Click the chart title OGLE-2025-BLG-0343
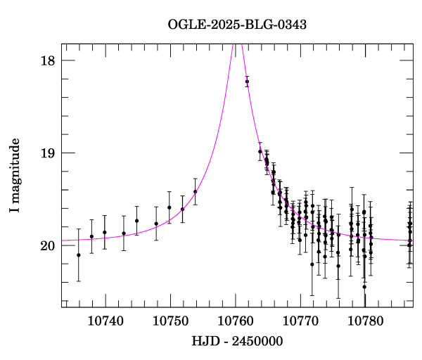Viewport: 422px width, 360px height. [x=237, y=25]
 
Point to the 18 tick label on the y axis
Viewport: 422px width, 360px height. [x=47, y=60]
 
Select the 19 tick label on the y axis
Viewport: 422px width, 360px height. [x=47, y=153]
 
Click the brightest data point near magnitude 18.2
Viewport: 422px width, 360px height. [x=247, y=82]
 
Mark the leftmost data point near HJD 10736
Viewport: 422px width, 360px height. [x=78, y=255]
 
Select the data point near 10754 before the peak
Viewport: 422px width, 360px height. [x=195, y=191]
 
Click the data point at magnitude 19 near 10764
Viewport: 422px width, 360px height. [x=260, y=151]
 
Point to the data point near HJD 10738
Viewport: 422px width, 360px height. [x=91, y=236]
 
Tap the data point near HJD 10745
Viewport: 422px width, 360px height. [x=136, y=221]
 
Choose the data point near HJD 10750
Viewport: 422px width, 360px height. [x=169, y=207]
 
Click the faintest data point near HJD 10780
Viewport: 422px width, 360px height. [x=364, y=286]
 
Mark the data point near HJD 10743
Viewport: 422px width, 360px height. [x=124, y=233]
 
